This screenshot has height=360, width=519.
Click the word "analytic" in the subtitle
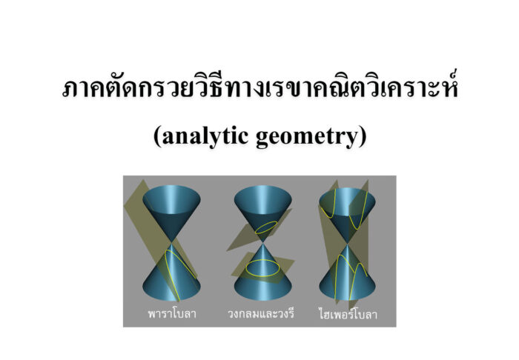pyautogui.click(x=205, y=136)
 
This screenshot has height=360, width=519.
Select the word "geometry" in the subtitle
pyautogui.click(x=307, y=137)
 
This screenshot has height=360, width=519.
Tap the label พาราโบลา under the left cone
pyautogui.click(x=172, y=313)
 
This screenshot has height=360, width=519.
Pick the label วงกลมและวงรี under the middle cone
pyautogui.click(x=261, y=313)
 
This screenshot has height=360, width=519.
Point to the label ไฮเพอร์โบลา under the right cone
pyautogui.click(x=348, y=313)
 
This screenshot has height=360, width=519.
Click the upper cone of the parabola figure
pyautogui.click(x=171, y=212)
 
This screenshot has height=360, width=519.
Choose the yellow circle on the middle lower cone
pyautogui.click(x=262, y=267)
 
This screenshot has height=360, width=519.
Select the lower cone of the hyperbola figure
pyautogui.click(x=347, y=274)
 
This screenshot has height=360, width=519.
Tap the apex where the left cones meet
pyautogui.click(x=171, y=243)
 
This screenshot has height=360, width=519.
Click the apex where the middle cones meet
pyautogui.click(x=262, y=243)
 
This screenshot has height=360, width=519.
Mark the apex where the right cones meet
pyautogui.click(x=347, y=244)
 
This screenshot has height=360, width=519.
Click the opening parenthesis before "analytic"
pyautogui.click(x=157, y=136)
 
